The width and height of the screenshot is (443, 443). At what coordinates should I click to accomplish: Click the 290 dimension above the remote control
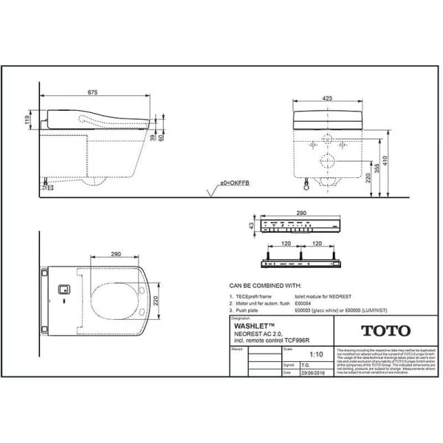301,213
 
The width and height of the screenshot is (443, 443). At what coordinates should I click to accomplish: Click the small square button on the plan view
64,290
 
